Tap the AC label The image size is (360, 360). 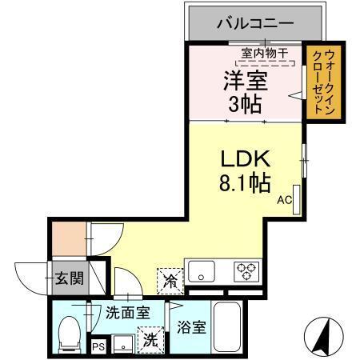click(285, 202)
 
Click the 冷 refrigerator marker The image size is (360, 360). click(170, 280)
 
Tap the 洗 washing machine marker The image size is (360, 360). click(150, 339)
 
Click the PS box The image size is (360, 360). click(97, 346)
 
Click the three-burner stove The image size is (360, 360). click(246, 270)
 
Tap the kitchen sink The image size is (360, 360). click(201, 269)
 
